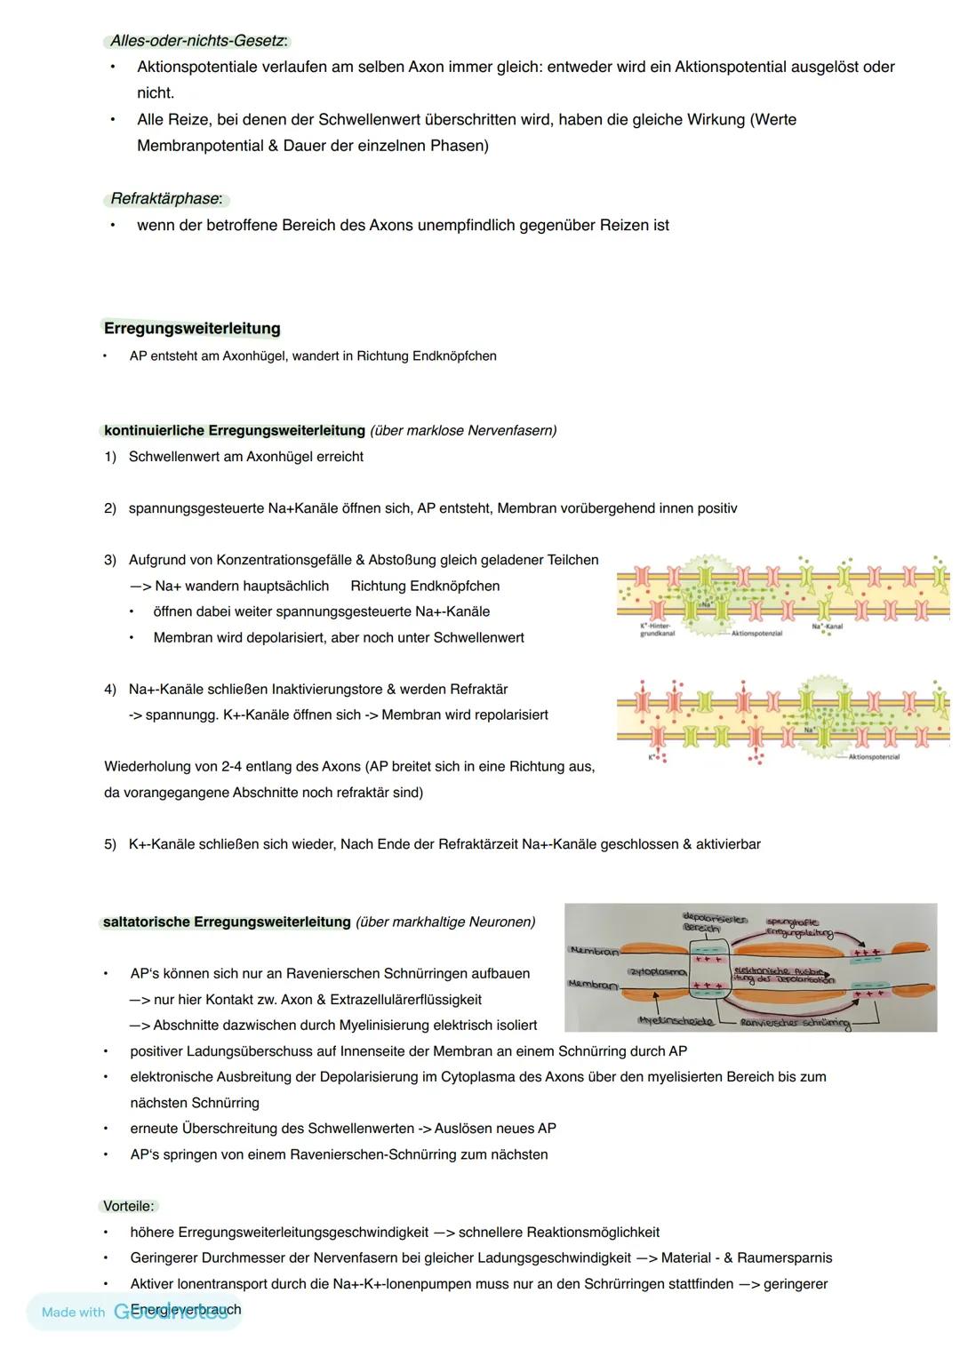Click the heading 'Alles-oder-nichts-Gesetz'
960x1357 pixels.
click(x=197, y=41)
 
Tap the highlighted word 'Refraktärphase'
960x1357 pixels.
click(x=164, y=199)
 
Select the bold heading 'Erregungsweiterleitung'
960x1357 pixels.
click(x=192, y=329)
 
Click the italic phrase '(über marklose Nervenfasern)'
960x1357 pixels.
click(x=463, y=431)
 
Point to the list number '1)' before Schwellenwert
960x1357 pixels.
click(x=110, y=457)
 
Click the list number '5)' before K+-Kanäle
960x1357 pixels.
click(x=110, y=844)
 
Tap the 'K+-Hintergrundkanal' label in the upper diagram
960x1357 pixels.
click(x=657, y=630)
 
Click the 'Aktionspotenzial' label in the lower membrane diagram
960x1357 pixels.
click(x=873, y=757)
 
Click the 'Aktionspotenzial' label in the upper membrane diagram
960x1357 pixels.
click(x=756, y=634)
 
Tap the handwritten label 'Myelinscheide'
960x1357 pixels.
click(x=675, y=1021)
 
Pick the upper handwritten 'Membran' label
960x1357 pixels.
click(x=594, y=951)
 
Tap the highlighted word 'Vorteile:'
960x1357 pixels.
click(x=129, y=1207)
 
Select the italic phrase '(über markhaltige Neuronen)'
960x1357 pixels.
click(x=445, y=922)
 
